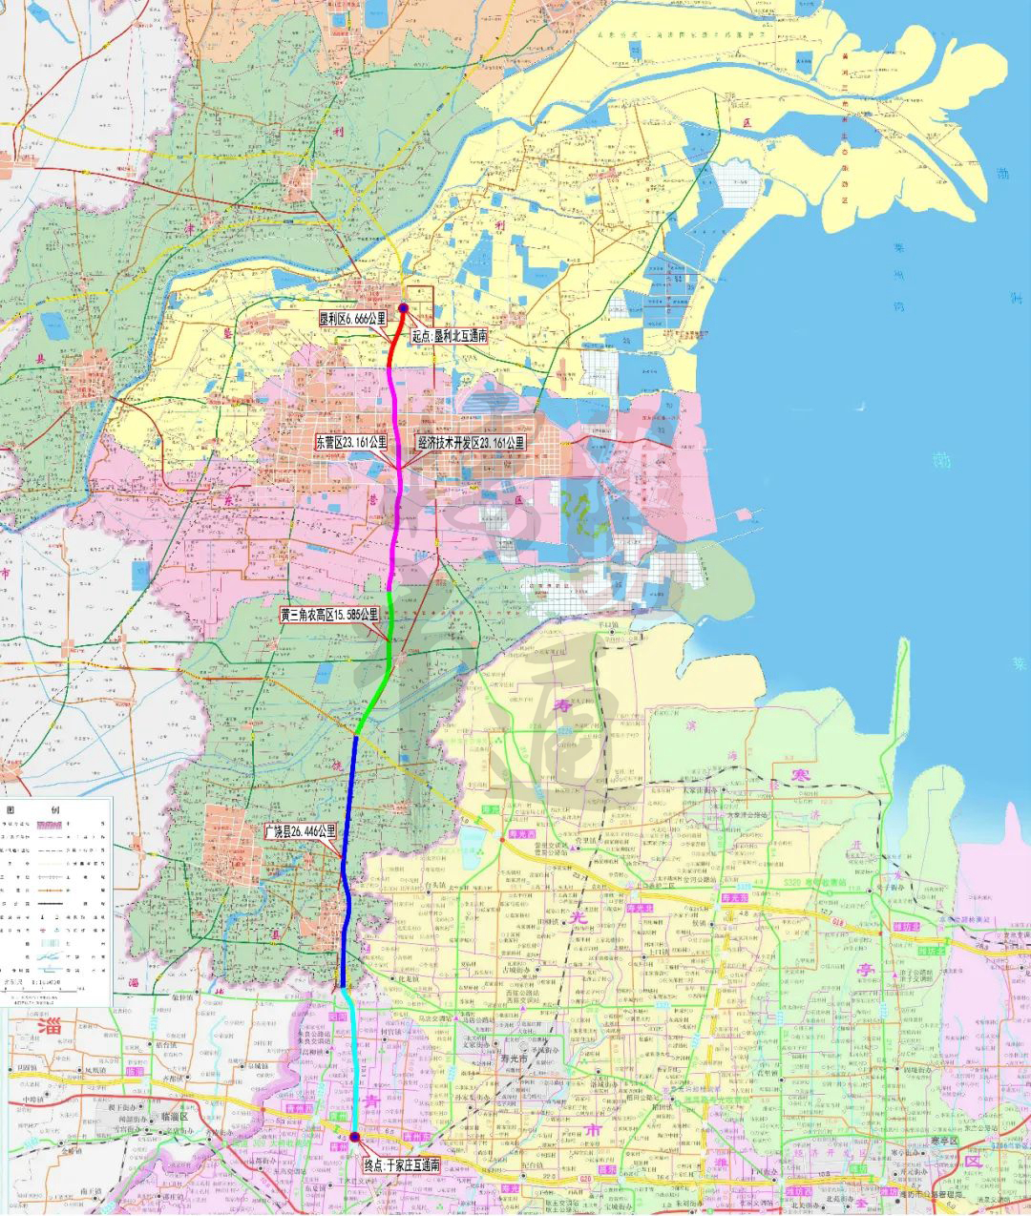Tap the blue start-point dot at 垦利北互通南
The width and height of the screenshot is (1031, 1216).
coord(403,307)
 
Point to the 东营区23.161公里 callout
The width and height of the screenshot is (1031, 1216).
coord(351,442)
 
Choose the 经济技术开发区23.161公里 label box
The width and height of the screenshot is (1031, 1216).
coord(471,443)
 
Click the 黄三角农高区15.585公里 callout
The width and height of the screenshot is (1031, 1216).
coord(329,615)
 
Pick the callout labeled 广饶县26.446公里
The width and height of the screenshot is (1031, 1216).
coord(301,830)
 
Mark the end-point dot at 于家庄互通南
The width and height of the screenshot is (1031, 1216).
coord(355,1136)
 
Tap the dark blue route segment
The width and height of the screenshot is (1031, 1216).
coord(349,859)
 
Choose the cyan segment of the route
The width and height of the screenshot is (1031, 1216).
coord(355,1059)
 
